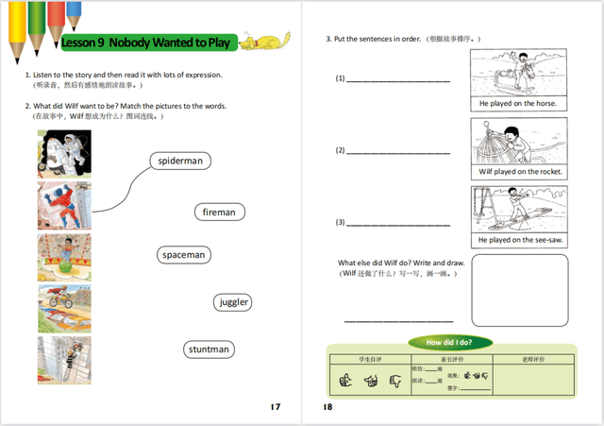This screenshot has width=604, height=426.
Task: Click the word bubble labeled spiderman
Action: tap(180, 161)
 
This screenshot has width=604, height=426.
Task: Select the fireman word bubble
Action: tap(219, 213)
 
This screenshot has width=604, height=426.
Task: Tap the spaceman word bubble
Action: tap(183, 255)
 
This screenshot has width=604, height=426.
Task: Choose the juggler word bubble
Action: tap(233, 302)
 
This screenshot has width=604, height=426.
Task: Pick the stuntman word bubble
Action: tap(209, 349)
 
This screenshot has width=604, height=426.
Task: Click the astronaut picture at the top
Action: tap(65, 151)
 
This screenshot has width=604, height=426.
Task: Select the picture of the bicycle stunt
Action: tap(65, 307)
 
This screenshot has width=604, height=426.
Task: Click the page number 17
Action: tap(275, 407)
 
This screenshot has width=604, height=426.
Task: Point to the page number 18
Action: tap(327, 407)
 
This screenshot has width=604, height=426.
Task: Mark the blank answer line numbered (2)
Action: tap(397, 151)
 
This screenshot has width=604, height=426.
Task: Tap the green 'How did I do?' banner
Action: tap(449, 342)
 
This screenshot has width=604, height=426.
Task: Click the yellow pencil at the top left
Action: tap(13, 24)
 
